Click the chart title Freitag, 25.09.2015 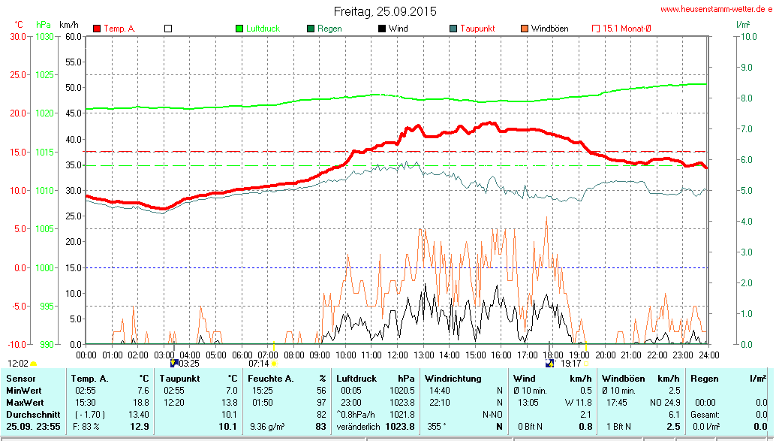click(384, 11)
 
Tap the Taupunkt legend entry click(477, 29)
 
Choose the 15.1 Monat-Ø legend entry click(626, 29)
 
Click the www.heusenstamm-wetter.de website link click(716, 9)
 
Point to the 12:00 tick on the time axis click(397, 355)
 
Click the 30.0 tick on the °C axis click(17, 36)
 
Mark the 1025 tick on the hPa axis click(44, 74)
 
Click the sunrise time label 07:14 click(258, 363)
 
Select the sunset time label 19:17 click(570, 363)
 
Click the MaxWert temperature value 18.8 click(140, 403)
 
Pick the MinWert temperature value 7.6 click(143, 391)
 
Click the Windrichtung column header click(453, 379)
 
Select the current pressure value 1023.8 click(400, 427)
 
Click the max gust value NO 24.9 click(665, 403)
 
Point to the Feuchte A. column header click(270, 379)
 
